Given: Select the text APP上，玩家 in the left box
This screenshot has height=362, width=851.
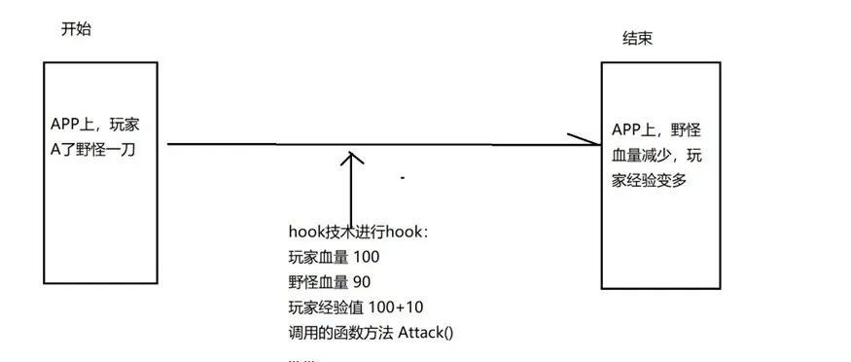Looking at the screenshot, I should [95, 125].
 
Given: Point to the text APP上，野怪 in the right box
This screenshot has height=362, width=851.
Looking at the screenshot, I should [656, 130].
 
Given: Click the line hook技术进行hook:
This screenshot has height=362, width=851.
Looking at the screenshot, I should [358, 232].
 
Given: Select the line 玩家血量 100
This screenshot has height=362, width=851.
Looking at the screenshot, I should [334, 257].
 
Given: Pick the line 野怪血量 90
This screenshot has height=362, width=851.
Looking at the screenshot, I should [330, 282].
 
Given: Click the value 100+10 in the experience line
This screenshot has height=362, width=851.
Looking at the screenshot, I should [401, 308].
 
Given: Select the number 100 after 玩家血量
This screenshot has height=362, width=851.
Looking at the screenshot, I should [365, 257].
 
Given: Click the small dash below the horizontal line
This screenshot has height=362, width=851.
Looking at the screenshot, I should [402, 179].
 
